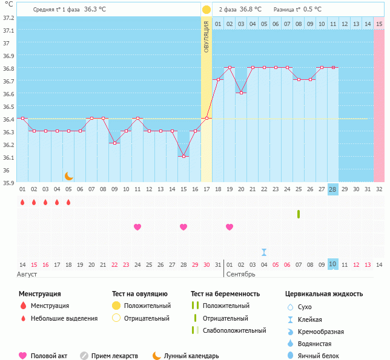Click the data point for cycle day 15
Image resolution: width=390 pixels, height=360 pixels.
(x=183, y=156)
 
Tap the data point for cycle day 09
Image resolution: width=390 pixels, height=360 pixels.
(x=114, y=143)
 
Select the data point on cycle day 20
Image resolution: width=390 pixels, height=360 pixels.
(x=241, y=93)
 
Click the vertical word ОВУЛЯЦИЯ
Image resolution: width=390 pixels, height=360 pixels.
(x=207, y=36)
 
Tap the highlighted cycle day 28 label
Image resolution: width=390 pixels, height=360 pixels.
(x=332, y=189)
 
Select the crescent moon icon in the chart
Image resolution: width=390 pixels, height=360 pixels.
(x=69, y=176)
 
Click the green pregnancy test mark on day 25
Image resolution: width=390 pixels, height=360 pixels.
(x=299, y=214)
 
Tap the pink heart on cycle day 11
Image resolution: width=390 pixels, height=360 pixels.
(x=137, y=227)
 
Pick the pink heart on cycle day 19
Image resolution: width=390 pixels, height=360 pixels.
(x=230, y=227)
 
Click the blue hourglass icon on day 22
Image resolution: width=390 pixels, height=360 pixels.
(x=264, y=252)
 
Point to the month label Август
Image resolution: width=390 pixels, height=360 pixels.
(x=28, y=274)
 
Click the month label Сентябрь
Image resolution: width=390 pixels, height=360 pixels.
(x=240, y=274)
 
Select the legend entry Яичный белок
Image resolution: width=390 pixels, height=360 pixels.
(x=323, y=356)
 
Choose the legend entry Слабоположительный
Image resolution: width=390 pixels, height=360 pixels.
(x=234, y=330)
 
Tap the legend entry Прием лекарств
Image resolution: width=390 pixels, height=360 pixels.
(x=114, y=356)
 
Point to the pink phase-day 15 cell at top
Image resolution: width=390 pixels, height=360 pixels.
(x=379, y=24)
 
